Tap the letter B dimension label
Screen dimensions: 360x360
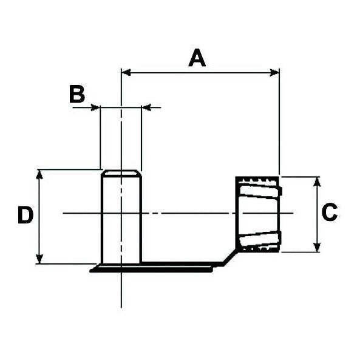76,95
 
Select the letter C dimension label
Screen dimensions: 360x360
328,213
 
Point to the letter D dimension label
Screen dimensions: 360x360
25,216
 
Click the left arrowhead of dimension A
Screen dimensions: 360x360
126,72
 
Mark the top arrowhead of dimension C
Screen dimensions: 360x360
317,181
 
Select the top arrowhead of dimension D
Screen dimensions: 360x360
39,174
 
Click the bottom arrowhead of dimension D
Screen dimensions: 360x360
39,259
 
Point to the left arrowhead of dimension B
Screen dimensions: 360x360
95,107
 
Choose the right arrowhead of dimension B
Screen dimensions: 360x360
146,107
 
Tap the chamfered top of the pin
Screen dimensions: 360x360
121,174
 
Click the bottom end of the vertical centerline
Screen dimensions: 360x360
121,305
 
